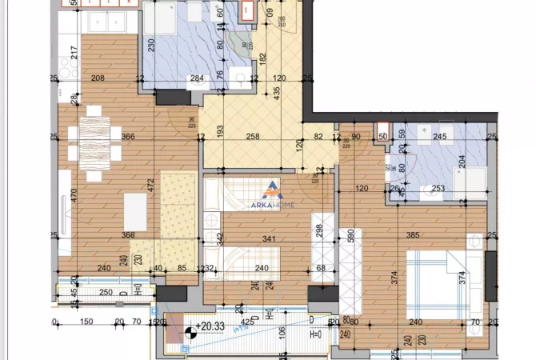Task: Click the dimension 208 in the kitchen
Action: tap(98, 78)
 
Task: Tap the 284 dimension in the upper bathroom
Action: tap(197, 78)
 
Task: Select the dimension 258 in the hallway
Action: tap(253, 138)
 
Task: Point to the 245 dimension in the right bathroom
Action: tap(438, 138)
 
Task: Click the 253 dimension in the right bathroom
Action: tap(439, 189)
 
